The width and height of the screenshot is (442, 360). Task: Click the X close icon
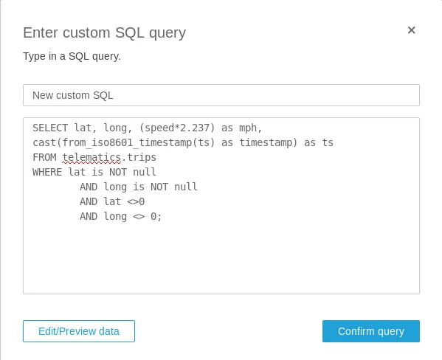(x=411, y=30)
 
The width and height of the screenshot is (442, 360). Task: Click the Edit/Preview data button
(x=79, y=331)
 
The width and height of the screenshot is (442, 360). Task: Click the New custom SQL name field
(x=221, y=95)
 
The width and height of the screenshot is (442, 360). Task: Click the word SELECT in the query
(x=50, y=128)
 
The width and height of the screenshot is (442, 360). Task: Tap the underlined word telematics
(x=91, y=157)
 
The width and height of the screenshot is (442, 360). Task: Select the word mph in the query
(x=248, y=128)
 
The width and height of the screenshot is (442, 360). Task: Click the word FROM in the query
(x=44, y=157)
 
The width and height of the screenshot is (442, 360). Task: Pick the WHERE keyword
(x=47, y=172)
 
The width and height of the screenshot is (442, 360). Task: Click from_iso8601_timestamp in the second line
(x=127, y=142)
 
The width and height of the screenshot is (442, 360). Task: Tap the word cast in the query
(x=44, y=142)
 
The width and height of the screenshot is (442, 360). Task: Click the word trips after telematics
(x=142, y=158)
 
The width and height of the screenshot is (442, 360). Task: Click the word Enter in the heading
(x=41, y=32)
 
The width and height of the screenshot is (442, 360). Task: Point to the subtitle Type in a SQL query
(x=72, y=56)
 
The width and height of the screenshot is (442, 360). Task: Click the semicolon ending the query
(x=159, y=217)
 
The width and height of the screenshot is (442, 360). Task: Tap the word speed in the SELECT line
(x=159, y=128)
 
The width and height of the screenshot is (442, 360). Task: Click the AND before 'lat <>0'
(x=89, y=201)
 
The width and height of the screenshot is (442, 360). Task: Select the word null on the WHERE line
(x=145, y=172)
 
